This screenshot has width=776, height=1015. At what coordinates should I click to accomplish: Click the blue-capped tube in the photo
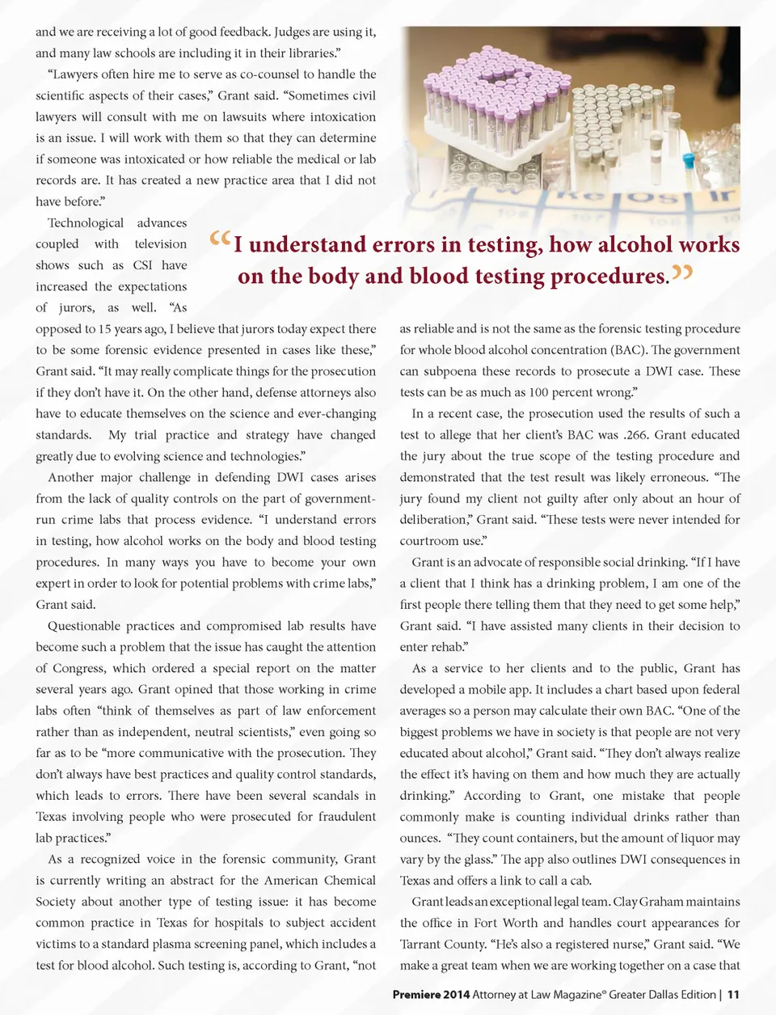click(x=688, y=161)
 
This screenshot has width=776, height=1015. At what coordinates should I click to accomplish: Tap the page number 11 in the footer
click(x=733, y=994)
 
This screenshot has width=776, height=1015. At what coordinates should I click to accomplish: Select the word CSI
click(x=142, y=264)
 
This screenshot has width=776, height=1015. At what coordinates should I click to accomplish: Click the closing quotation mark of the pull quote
click(x=681, y=273)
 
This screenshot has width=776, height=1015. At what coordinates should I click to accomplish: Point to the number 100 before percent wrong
click(x=539, y=392)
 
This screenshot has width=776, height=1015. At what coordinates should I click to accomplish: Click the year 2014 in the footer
click(x=456, y=994)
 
